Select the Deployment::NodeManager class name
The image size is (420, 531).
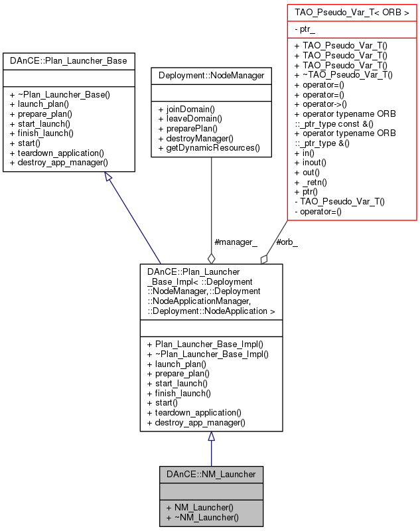(211, 76)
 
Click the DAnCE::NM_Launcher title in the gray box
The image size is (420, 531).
(211, 475)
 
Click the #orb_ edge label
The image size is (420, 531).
(287, 242)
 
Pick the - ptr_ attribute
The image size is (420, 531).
(305, 30)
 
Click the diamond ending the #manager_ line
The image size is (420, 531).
(211, 258)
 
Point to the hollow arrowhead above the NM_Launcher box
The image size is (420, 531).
(211, 437)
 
